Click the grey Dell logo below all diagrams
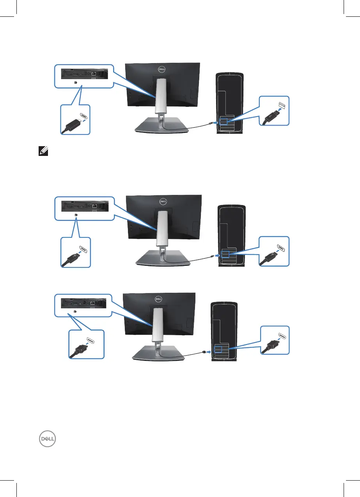pyautogui.click(x=47, y=440)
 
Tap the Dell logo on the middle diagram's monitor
pyautogui.click(x=164, y=202)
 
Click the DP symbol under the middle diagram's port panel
pyautogui.click(x=76, y=214)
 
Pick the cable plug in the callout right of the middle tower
pyautogui.click(x=269, y=258)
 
